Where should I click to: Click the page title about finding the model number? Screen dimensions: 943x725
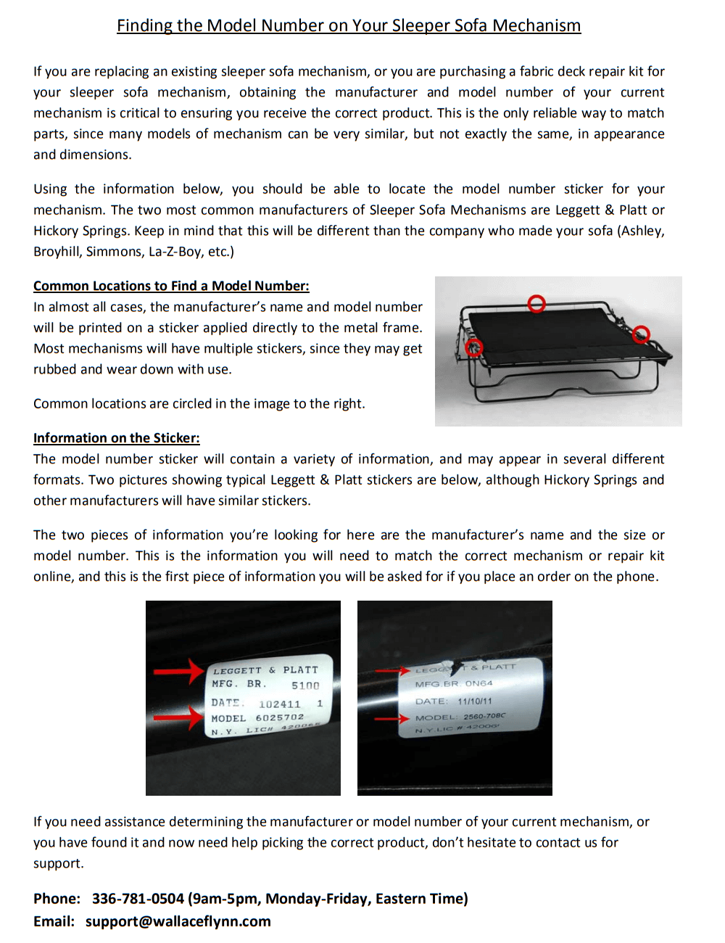[x=349, y=26]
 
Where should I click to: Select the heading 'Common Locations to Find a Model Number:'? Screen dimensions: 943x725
[x=171, y=286]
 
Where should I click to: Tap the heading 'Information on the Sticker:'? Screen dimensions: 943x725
[x=117, y=438]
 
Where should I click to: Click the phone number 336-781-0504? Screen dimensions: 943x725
[x=138, y=899]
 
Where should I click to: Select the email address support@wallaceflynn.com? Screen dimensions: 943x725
[x=178, y=921]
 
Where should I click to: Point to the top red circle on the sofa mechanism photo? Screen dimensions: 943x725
[x=536, y=304]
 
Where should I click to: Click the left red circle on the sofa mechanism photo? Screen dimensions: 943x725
[x=474, y=348]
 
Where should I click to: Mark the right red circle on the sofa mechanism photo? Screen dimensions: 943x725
[x=641, y=334]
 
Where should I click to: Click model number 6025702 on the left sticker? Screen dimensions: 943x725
[x=280, y=717]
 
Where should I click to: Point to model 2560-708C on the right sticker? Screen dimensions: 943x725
[x=484, y=716]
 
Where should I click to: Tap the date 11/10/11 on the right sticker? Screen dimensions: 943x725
[x=475, y=701]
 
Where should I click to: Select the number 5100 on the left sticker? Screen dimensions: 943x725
[x=305, y=685]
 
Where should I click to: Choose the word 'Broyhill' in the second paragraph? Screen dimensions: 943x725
[x=57, y=252]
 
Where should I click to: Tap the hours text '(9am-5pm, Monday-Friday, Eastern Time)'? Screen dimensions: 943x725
[x=328, y=899]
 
